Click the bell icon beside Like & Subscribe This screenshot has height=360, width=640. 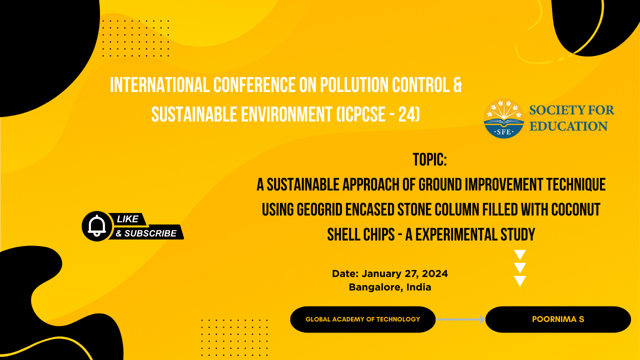97,226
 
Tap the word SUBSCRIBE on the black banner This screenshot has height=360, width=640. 150,233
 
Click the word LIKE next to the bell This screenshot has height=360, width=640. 127,219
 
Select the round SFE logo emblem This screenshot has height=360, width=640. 503,118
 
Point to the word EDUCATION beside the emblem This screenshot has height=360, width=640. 568,126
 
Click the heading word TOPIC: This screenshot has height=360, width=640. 429,159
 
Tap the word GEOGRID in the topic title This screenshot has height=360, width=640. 319,209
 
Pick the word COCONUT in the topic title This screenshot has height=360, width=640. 575,209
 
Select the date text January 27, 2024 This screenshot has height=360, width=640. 405,273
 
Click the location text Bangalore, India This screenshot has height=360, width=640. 390,287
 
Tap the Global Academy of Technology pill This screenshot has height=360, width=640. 363,319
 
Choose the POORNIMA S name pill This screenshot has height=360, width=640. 558,319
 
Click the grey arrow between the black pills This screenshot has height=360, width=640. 460,319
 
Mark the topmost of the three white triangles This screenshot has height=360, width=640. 520,254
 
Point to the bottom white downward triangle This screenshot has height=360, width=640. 520,280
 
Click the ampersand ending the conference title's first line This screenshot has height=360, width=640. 457,85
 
